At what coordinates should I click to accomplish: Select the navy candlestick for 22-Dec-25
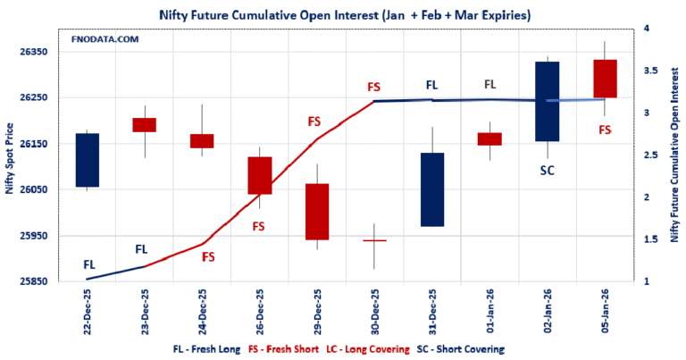click(x=88, y=160)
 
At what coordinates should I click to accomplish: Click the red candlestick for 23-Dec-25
click(x=144, y=125)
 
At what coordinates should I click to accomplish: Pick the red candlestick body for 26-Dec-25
click(x=259, y=175)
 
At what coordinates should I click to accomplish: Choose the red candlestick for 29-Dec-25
click(x=317, y=212)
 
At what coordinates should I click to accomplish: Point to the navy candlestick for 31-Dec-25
click(x=432, y=189)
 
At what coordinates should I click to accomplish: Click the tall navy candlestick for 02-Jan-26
click(x=548, y=101)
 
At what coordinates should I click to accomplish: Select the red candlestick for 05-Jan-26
click(x=605, y=79)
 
